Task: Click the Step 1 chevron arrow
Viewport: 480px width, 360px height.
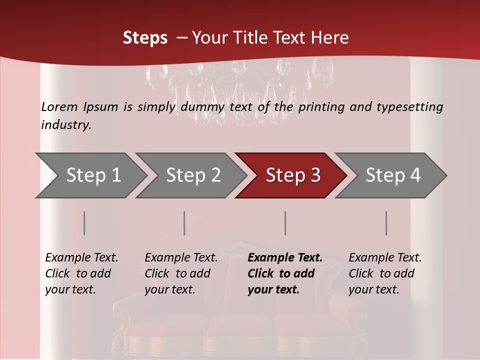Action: point(93,175)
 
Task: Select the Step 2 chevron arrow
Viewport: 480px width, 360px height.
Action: point(193,175)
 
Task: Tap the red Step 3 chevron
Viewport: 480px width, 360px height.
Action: point(293,175)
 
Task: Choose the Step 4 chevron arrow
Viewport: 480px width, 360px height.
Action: point(393,175)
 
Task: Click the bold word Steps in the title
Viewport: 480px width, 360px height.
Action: point(145,38)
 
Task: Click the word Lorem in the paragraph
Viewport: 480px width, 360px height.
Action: point(59,107)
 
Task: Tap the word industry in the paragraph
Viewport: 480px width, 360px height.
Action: point(66,125)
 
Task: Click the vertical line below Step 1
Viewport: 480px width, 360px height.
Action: point(84,223)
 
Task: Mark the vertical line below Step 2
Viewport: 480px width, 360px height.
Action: point(184,223)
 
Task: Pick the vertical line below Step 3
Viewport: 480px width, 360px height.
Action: point(285,223)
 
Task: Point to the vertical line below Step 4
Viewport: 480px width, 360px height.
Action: point(386,223)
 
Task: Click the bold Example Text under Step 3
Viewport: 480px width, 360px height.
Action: point(285,258)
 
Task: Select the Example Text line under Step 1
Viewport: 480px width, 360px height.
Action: point(81,258)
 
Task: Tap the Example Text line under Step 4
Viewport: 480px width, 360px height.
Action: point(385,258)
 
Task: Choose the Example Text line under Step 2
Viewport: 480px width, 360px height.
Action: point(181,258)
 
